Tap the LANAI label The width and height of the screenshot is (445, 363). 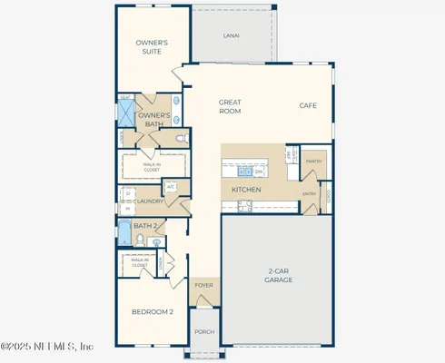tap(232, 36)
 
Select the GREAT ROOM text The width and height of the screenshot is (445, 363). tap(230, 106)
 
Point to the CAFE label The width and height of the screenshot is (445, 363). tap(309, 105)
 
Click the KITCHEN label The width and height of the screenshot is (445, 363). tap(246, 189)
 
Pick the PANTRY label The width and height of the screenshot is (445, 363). tap(315, 161)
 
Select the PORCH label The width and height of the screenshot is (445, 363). tap(204, 331)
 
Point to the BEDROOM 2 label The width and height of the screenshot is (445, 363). tap(152, 311)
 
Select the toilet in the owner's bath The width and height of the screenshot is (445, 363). tap(182, 138)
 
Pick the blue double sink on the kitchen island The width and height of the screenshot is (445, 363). tap(243, 171)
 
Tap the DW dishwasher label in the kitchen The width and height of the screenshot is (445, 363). tap(259, 171)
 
